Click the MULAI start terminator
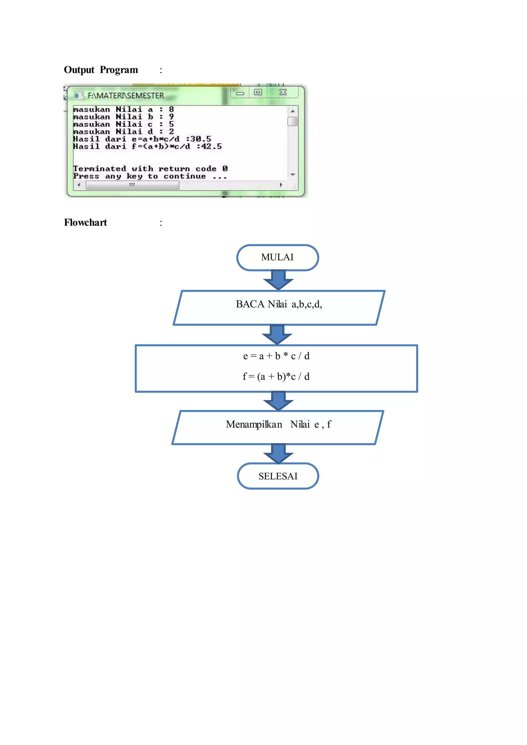point(277,257)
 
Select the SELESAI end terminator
point(278,476)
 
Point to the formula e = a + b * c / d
point(276,356)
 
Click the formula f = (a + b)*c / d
point(276,376)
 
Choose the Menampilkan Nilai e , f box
point(278,427)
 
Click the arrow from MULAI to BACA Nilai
point(278,280)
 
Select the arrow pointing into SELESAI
point(278,453)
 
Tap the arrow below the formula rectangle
point(278,401)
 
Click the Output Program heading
point(101,70)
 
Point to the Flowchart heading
point(85,223)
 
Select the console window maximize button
point(258,92)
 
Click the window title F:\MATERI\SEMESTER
point(126,96)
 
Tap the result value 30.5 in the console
point(200,139)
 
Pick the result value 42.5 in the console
point(211,146)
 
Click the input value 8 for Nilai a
point(171,109)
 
